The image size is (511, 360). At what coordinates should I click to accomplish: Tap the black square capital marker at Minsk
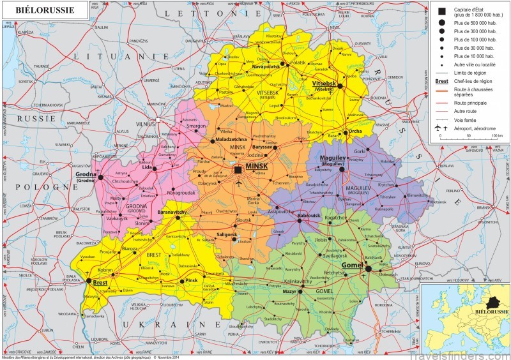(x=238, y=170)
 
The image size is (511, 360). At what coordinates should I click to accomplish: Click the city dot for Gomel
(x=369, y=268)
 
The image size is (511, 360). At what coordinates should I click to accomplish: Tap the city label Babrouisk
(x=309, y=216)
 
